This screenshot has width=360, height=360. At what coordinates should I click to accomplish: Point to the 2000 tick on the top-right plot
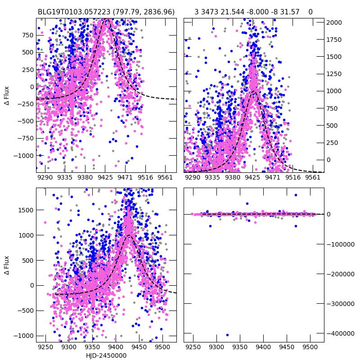(334, 22)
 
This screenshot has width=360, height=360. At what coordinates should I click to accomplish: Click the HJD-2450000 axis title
(106, 355)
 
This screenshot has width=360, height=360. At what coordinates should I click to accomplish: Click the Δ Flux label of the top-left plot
(7, 95)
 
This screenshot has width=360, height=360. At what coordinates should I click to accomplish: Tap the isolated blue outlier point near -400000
(227, 335)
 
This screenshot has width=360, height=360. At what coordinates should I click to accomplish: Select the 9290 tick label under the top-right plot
(193, 178)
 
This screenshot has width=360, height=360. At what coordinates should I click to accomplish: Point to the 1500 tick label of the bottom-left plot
(24, 210)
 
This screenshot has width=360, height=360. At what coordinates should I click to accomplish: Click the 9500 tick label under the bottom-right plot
(310, 347)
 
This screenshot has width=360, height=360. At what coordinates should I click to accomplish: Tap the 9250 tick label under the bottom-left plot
(45, 347)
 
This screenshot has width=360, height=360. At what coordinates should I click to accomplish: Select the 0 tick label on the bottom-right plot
(329, 214)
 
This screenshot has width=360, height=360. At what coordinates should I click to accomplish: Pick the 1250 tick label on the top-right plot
(334, 74)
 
